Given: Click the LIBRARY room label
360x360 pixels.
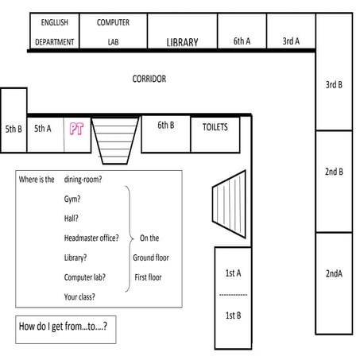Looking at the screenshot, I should tap(182, 42).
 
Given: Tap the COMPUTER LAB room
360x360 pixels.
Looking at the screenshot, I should tap(113, 32).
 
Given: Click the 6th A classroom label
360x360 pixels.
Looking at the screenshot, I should tap(242, 41).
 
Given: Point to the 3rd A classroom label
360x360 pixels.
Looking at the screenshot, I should tap(291, 41).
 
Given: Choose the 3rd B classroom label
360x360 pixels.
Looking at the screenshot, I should tap(334, 83).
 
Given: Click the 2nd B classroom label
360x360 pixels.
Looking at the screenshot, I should tap(334, 171).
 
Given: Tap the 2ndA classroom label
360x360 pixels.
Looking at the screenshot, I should tap(334, 273).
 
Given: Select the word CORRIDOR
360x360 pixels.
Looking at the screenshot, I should tap(149, 79).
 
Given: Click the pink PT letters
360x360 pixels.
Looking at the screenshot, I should tap(76, 129).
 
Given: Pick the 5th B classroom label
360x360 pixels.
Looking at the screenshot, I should tap(14, 128).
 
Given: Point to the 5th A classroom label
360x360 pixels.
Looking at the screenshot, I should tap(43, 126).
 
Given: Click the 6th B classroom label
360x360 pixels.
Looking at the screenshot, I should tap(165, 125).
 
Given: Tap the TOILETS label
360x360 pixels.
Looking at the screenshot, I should tap(215, 126).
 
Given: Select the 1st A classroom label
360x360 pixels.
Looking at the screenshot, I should tap(233, 273).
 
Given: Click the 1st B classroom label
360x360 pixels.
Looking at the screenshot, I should tap(233, 315).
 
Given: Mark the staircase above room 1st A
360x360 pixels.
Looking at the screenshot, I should tap(230, 202).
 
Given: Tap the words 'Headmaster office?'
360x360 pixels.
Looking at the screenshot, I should tap(91, 238).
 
